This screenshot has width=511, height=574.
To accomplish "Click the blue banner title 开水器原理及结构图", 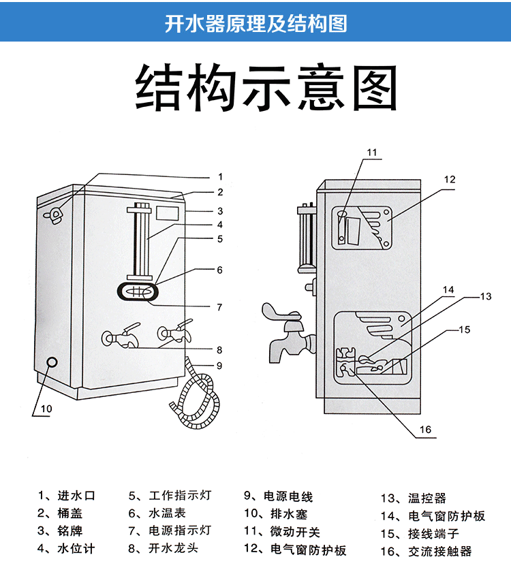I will (x=255, y=23).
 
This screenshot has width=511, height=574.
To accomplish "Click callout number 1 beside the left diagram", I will (x=220, y=176).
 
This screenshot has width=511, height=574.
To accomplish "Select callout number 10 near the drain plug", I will (x=46, y=409).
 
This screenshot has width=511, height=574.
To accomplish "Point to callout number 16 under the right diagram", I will (x=424, y=430).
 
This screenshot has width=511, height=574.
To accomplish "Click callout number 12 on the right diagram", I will (x=449, y=180).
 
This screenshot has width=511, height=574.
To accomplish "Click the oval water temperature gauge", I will (x=140, y=291).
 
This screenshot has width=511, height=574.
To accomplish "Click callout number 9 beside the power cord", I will (x=219, y=365).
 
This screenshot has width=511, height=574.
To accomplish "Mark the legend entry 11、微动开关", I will (x=281, y=532).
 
